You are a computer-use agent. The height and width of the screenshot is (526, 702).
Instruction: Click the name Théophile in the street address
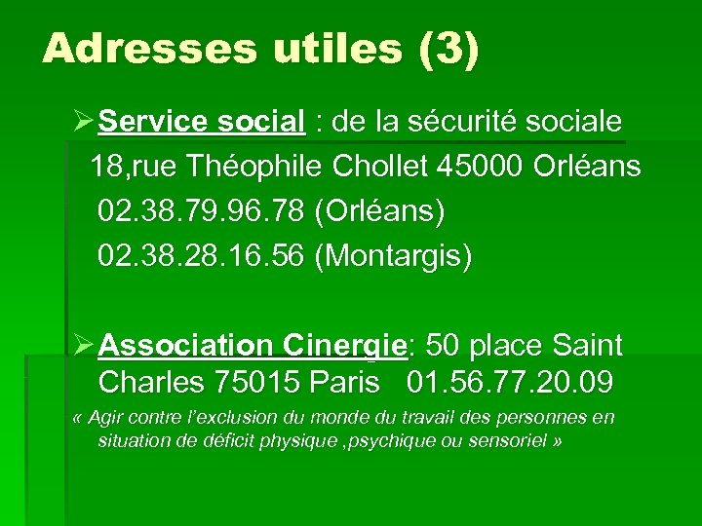point(259,167)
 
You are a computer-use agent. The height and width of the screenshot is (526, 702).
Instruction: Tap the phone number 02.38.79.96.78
point(202,211)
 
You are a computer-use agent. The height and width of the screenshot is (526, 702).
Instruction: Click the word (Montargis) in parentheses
point(394,256)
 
